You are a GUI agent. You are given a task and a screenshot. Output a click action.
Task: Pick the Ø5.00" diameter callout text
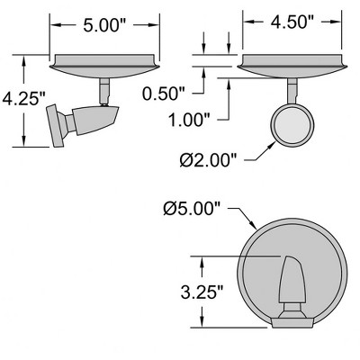[192, 209]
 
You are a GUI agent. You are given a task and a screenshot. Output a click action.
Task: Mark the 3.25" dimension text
[202, 292]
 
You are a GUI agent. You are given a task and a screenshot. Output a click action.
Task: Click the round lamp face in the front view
[292, 125]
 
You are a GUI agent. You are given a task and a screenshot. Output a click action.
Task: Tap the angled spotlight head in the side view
[96, 120]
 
